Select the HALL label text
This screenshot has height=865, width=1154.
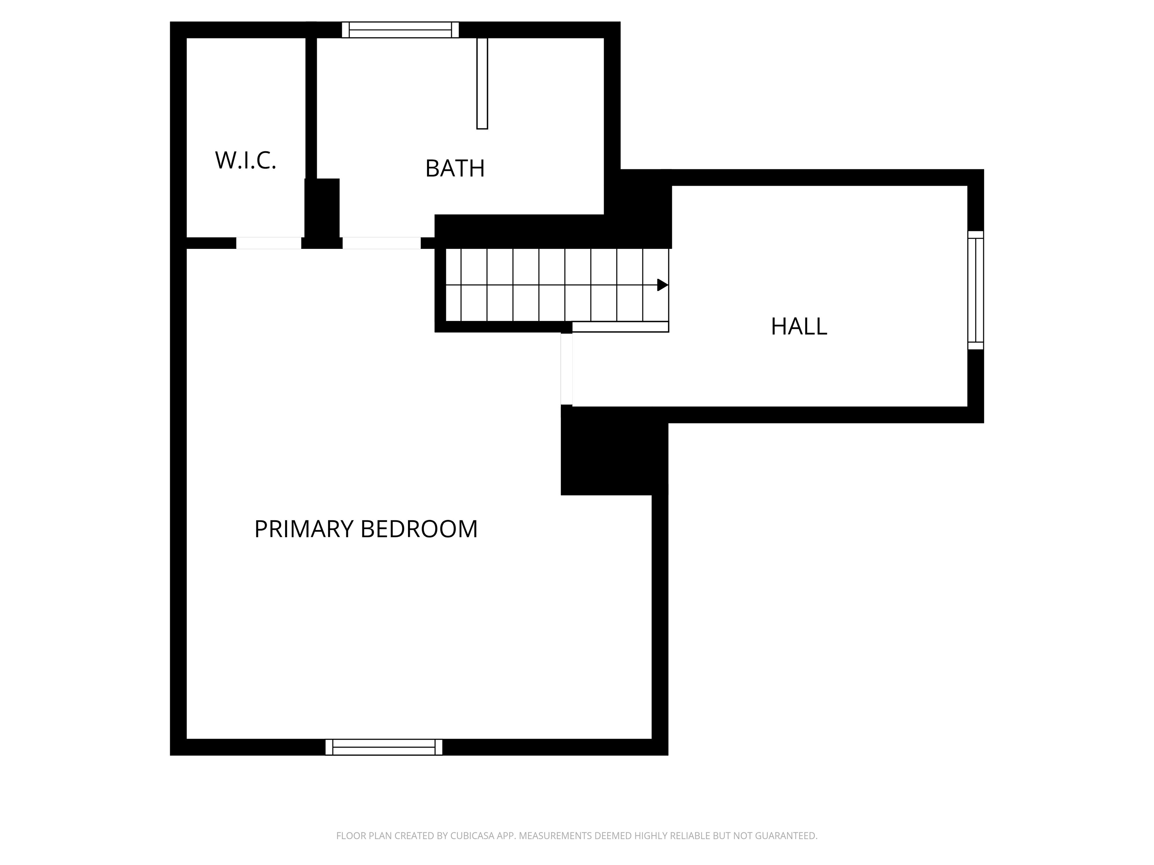point(799,326)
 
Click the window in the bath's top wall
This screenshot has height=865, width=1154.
point(400,30)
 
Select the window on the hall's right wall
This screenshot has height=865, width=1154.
point(976,290)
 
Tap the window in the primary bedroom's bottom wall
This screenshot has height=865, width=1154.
point(384,747)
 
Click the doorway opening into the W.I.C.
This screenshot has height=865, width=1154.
point(269,243)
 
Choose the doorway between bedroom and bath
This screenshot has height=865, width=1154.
point(381,243)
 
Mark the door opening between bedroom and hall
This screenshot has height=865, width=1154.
point(566,369)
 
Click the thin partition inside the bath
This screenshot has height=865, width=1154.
point(482,83)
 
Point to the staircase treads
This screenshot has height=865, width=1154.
point(557,285)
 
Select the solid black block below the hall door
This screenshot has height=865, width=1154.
point(614,451)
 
